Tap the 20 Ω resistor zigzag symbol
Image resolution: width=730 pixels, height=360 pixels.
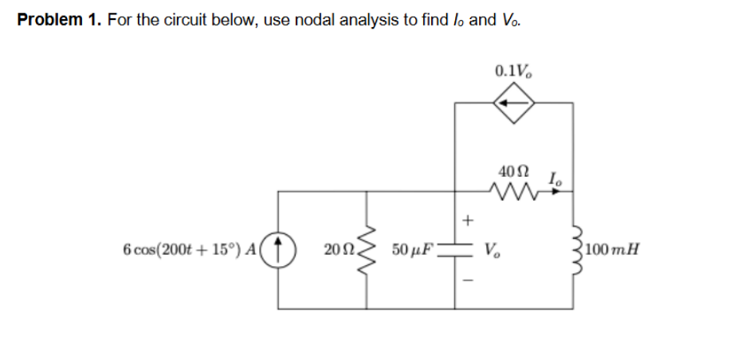click(x=367, y=249)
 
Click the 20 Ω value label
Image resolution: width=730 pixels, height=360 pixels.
click(x=339, y=250)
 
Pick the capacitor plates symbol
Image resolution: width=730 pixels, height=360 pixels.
click(x=456, y=248)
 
